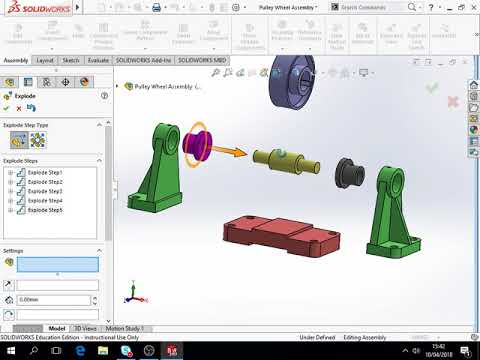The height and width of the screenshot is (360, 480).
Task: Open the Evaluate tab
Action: (x=98, y=60)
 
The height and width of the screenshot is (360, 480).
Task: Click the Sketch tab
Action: (x=71, y=60)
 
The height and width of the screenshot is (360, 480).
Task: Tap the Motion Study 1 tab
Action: (x=125, y=328)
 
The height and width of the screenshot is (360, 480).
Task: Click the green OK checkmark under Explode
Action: (x=6, y=109)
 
